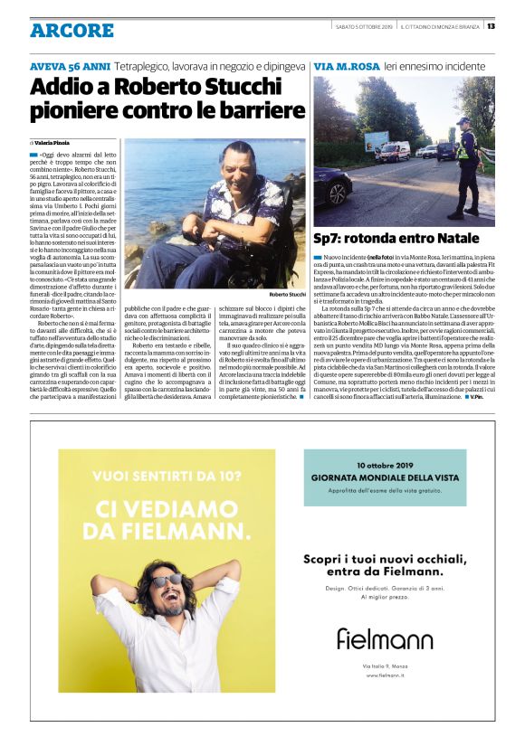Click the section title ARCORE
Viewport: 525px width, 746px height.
pyautogui.click(x=72, y=31)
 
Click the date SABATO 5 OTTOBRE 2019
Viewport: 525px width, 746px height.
pyautogui.click(x=364, y=25)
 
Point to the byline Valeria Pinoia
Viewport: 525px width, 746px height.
pyautogui.click(x=52, y=143)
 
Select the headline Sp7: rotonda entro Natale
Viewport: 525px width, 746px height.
pyautogui.click(x=396, y=239)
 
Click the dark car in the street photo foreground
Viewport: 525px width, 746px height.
pyautogui.click(x=331, y=185)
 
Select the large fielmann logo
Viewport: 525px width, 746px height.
pyautogui.click(x=385, y=638)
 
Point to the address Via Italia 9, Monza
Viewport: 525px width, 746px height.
pyautogui.click(x=385, y=666)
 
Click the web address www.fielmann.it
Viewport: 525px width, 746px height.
pyautogui.click(x=385, y=675)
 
